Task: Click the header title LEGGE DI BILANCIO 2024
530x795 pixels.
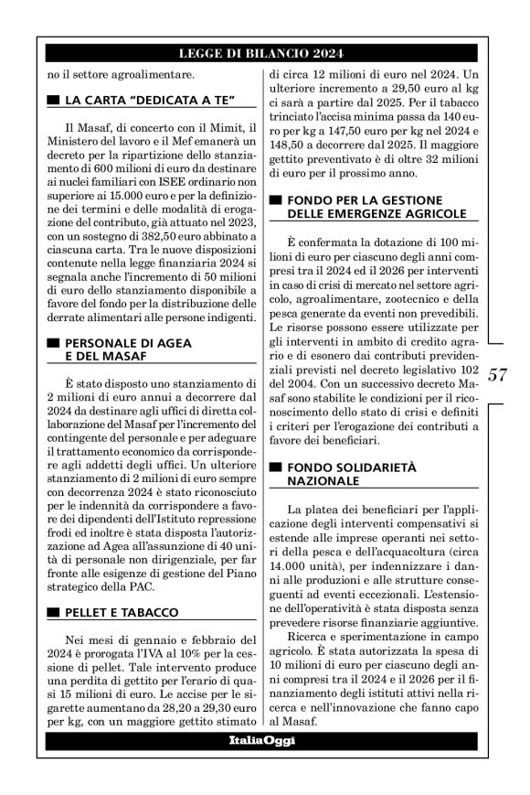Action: click(264, 54)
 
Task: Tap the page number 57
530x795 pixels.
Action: click(498, 375)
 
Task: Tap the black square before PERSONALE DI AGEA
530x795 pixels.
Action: click(53, 342)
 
